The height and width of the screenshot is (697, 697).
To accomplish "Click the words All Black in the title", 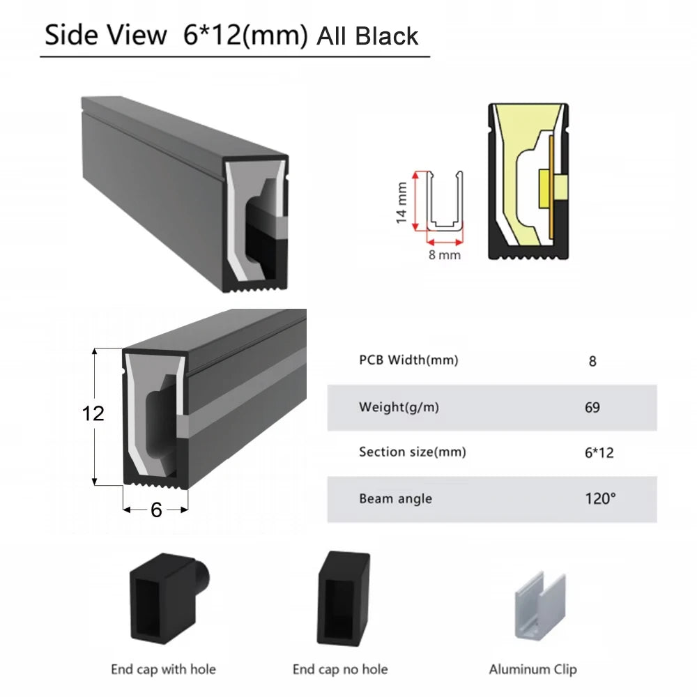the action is click(367, 36).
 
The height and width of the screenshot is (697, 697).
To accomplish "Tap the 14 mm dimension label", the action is click(401, 202).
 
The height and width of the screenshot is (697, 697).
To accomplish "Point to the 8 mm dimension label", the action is click(445, 254).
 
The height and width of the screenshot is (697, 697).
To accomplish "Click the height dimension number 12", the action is click(93, 413).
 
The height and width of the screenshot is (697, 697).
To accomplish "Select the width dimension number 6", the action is click(156, 510).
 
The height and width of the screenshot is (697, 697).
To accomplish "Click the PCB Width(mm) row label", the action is click(408, 360).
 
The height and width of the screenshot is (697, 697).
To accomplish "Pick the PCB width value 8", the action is click(592, 361).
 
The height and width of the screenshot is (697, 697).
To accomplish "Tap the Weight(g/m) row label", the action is click(399, 407).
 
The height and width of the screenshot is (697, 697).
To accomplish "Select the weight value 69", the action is click(592, 407).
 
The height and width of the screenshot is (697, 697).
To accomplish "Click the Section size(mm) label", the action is click(413, 452).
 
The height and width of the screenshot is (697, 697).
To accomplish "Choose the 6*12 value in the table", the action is click(599, 453).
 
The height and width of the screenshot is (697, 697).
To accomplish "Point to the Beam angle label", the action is click(396, 499).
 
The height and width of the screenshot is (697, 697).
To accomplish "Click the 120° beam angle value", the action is click(600, 499).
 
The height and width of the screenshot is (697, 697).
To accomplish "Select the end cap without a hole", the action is click(343, 598).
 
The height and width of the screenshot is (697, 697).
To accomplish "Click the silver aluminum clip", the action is click(540, 606).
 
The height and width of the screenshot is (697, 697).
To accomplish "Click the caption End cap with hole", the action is click(164, 669).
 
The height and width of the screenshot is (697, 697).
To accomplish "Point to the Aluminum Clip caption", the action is click(533, 669).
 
